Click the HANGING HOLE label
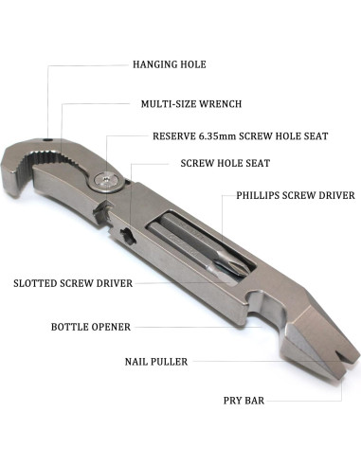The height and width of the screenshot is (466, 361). [169, 65]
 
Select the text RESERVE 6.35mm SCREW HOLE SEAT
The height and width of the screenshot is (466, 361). [241, 136]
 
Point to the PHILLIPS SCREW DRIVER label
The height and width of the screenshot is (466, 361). [295, 197]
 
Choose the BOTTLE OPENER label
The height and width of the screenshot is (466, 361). [91, 327]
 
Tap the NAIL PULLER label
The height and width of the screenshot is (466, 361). [156, 361]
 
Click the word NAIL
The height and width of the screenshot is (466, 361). [137, 361]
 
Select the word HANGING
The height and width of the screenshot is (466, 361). [153, 65]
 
